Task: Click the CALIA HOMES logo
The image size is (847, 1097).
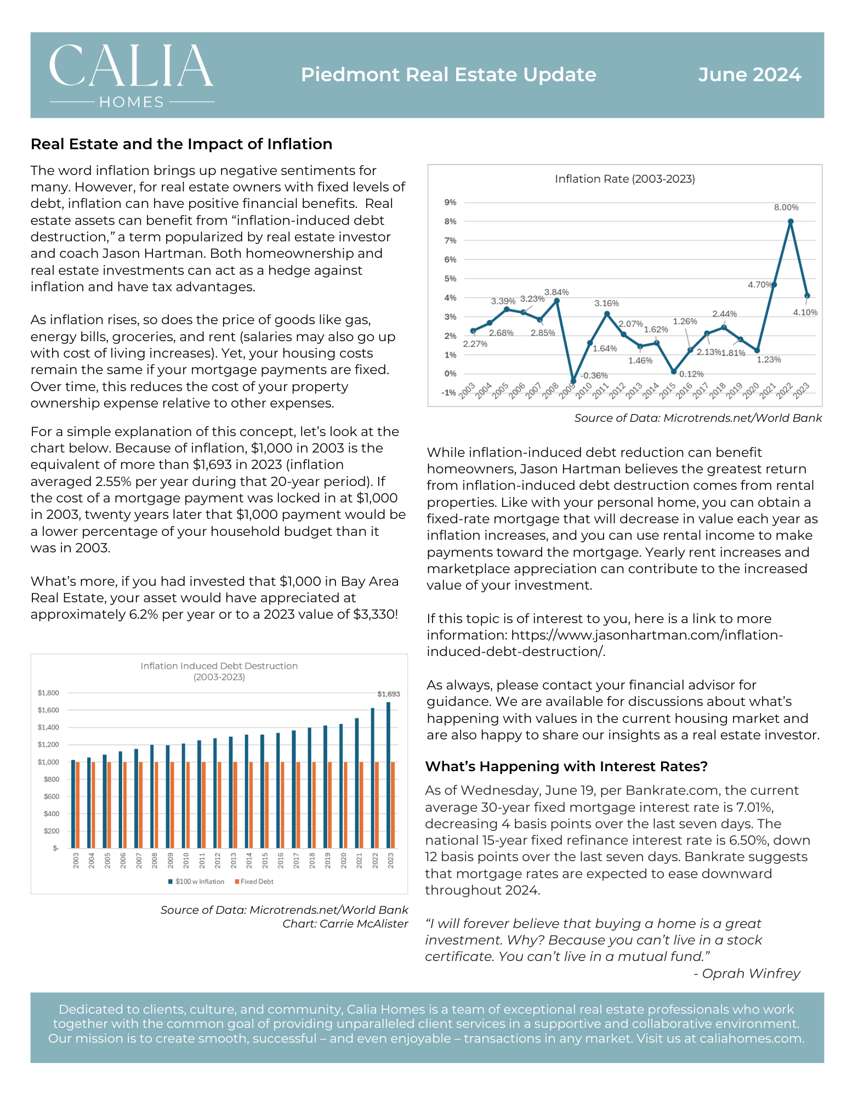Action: tap(132, 76)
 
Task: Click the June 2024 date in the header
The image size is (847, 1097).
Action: tap(749, 75)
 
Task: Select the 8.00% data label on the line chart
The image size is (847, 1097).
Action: tap(786, 207)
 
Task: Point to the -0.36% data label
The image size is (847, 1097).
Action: tap(594, 376)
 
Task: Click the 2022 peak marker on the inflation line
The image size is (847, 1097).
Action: tap(791, 222)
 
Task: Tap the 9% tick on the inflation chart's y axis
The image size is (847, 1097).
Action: tap(450, 202)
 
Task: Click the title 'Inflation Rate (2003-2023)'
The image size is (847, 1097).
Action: tap(625, 179)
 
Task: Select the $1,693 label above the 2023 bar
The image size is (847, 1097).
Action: tap(389, 694)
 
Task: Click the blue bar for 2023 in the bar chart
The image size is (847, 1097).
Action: tap(389, 775)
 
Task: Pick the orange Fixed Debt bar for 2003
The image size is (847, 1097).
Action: tap(78, 805)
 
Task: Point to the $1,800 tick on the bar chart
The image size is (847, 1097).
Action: tap(48, 693)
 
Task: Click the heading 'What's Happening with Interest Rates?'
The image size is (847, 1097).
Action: tap(566, 766)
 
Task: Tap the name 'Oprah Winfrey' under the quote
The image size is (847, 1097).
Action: tap(751, 973)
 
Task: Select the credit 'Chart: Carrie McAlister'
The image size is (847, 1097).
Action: tap(345, 924)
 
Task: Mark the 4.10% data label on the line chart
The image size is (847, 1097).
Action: tap(805, 313)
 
